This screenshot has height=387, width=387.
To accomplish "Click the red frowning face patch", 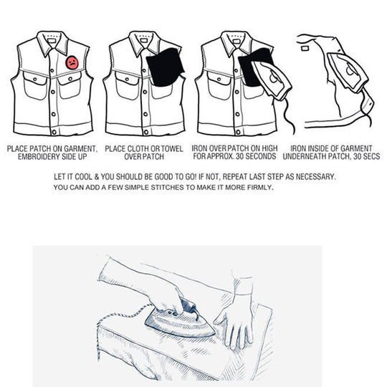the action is point(72,63).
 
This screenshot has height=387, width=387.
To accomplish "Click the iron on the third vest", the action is point(271,80).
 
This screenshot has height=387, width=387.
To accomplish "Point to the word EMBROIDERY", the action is point(39,157).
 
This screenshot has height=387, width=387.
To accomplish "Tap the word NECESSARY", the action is point(315,177).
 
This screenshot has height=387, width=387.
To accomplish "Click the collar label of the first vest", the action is point(52,40).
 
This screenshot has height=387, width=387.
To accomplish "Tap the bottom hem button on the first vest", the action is point(54,132).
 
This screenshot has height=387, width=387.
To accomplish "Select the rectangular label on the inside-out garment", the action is point(305,48).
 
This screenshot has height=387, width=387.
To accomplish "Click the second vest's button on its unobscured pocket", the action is point(127,80).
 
